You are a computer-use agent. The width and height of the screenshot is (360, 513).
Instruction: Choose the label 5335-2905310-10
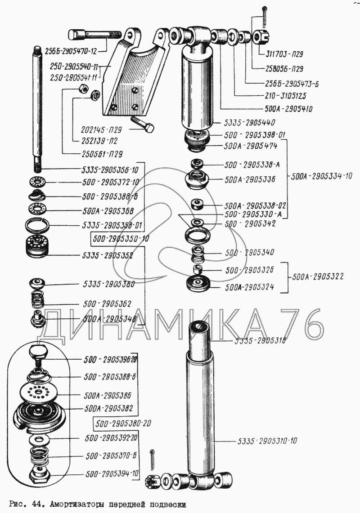point(267,441)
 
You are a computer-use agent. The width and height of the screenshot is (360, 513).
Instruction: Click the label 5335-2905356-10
point(111,170)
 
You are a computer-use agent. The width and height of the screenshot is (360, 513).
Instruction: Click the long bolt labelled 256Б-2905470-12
point(94,35)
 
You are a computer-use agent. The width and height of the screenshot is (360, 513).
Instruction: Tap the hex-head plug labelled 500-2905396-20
point(40,352)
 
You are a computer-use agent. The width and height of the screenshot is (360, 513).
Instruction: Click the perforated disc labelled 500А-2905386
point(39,393)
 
